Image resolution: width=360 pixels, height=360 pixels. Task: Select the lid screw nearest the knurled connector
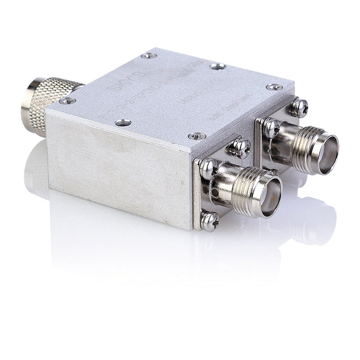pos(67,101)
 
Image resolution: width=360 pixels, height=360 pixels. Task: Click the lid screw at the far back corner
pos(148,56)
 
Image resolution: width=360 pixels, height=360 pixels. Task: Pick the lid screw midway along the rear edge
pos(218,66)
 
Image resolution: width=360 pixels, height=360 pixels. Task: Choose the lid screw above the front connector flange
pos(197,136)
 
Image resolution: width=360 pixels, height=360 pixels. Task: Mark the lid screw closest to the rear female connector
pos(274,87)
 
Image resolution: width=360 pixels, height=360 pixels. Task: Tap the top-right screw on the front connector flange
pos(242,147)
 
